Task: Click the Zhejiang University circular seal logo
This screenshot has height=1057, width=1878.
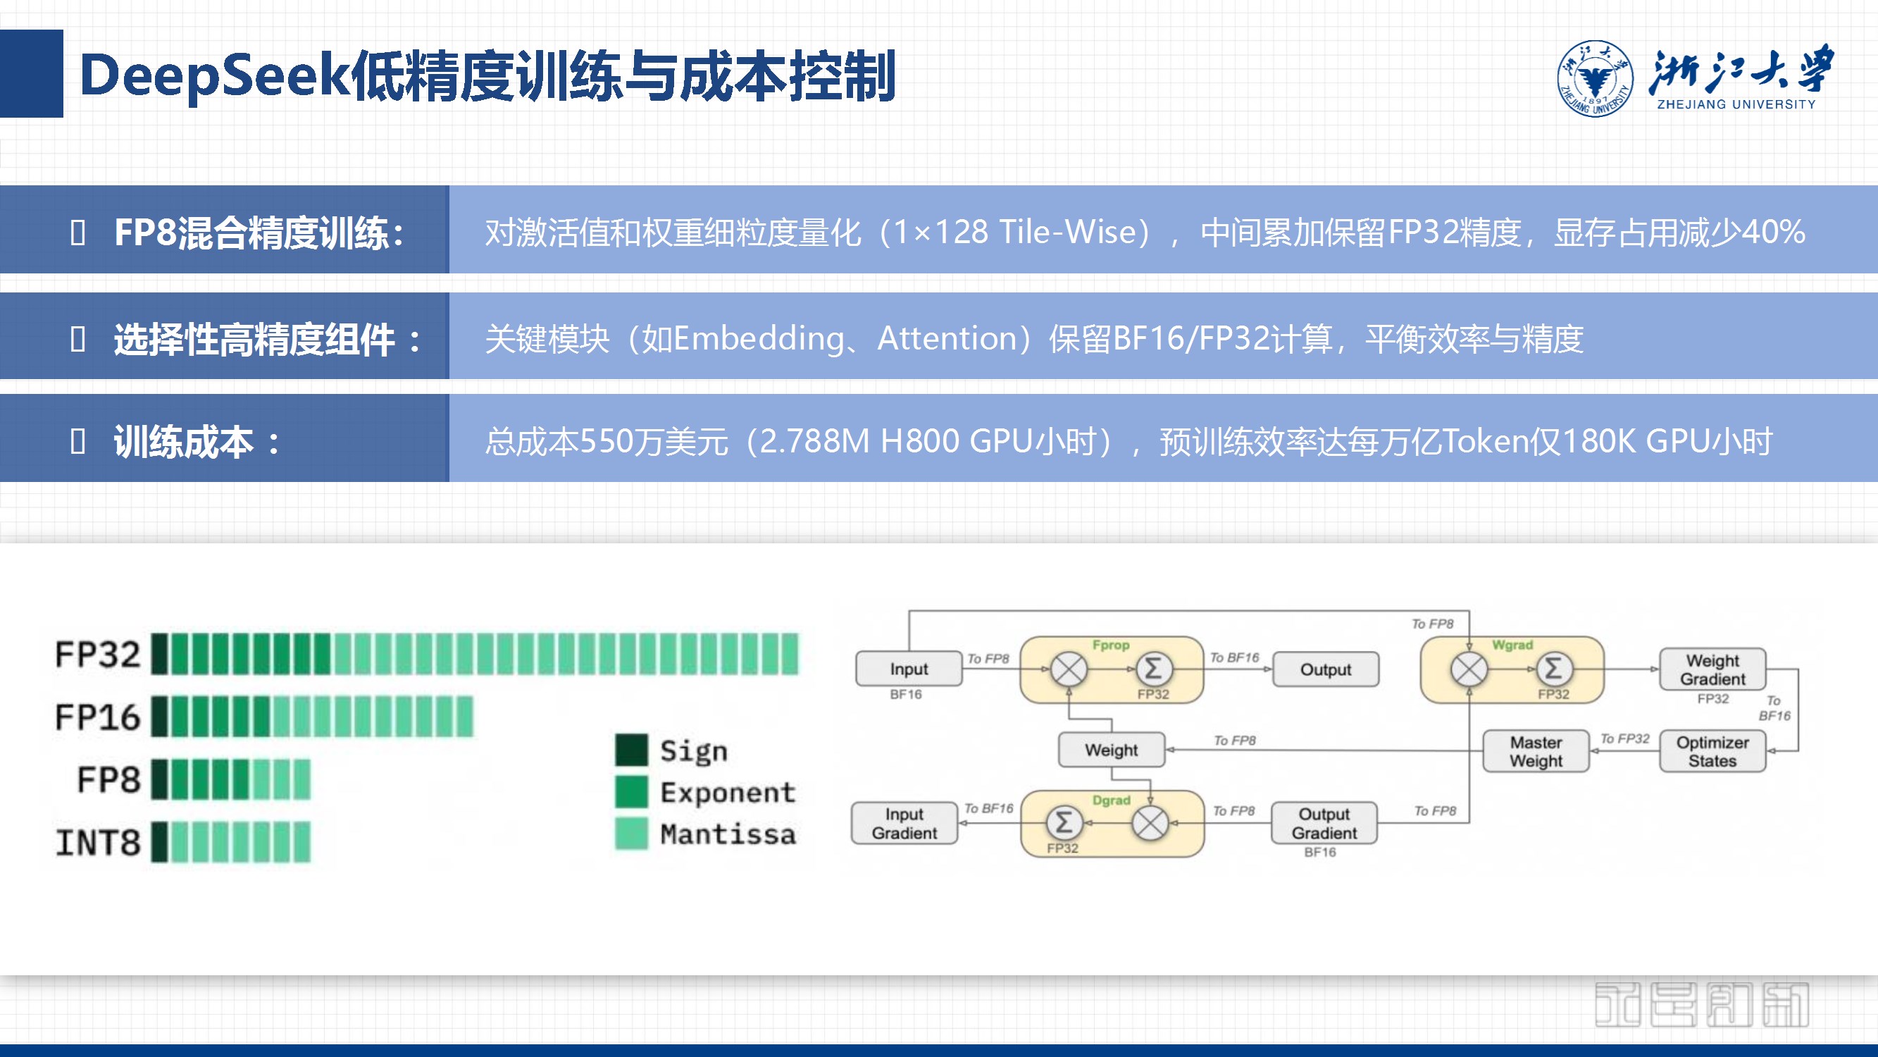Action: [x=1594, y=78]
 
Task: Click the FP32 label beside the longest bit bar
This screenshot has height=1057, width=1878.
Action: [x=98, y=654]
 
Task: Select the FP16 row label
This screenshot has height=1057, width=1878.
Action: [x=98, y=717]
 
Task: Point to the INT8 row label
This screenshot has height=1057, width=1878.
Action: [x=98, y=843]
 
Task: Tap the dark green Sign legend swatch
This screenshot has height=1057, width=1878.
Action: [x=630, y=750]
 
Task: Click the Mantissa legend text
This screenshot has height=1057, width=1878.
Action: [x=728, y=834]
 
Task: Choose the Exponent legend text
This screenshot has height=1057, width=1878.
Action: [x=728, y=792]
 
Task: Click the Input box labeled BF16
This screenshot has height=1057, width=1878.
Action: [x=909, y=669]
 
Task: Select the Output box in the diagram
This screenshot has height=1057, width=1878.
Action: [x=1326, y=669]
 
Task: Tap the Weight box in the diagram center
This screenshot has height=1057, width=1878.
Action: [x=1111, y=750]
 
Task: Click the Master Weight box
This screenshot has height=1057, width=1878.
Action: [x=1536, y=751]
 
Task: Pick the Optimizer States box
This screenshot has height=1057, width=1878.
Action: [x=1712, y=751]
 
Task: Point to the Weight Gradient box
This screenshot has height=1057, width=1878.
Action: [x=1712, y=669]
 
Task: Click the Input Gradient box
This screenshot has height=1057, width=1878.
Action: [x=904, y=823]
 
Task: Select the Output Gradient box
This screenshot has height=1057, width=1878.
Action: [x=1324, y=823]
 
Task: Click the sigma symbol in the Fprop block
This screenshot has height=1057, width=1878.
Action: [x=1152, y=668]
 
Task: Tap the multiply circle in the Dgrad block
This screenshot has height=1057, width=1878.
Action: [x=1150, y=824]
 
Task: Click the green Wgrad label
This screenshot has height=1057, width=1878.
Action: [x=1512, y=645]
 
